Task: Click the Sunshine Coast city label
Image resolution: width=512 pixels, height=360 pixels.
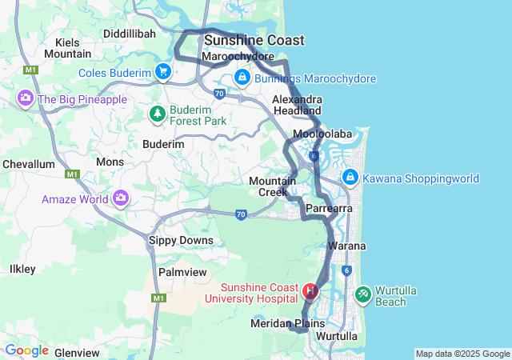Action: point(254,40)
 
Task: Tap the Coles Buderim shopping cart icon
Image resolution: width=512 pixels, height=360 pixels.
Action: point(163,72)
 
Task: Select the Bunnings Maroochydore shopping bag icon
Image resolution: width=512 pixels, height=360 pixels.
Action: point(242,78)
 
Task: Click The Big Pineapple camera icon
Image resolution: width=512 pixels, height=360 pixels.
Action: point(26,98)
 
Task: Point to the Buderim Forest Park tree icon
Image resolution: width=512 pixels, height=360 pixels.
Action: point(158,114)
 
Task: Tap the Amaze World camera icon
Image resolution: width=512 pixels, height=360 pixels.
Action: point(121,198)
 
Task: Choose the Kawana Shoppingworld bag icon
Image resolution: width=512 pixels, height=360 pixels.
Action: point(350,177)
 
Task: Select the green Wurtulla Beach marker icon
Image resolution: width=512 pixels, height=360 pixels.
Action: point(362,294)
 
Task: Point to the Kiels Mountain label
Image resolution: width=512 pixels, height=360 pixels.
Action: point(67,48)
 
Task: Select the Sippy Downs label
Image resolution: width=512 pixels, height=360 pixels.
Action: point(182,240)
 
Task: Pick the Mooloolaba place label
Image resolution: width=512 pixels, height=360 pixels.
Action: point(322,134)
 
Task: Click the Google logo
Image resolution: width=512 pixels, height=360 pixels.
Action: point(26,350)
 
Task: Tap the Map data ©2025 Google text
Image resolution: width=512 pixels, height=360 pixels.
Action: point(462,354)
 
